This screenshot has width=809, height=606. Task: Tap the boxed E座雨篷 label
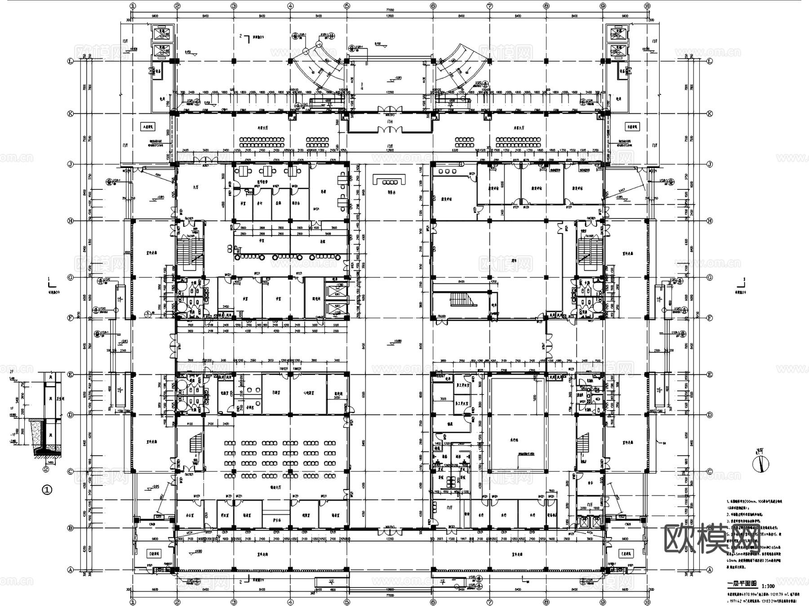pyautogui.click(x=625, y=553)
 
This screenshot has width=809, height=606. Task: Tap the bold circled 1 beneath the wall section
pyautogui.click(x=47, y=489)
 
